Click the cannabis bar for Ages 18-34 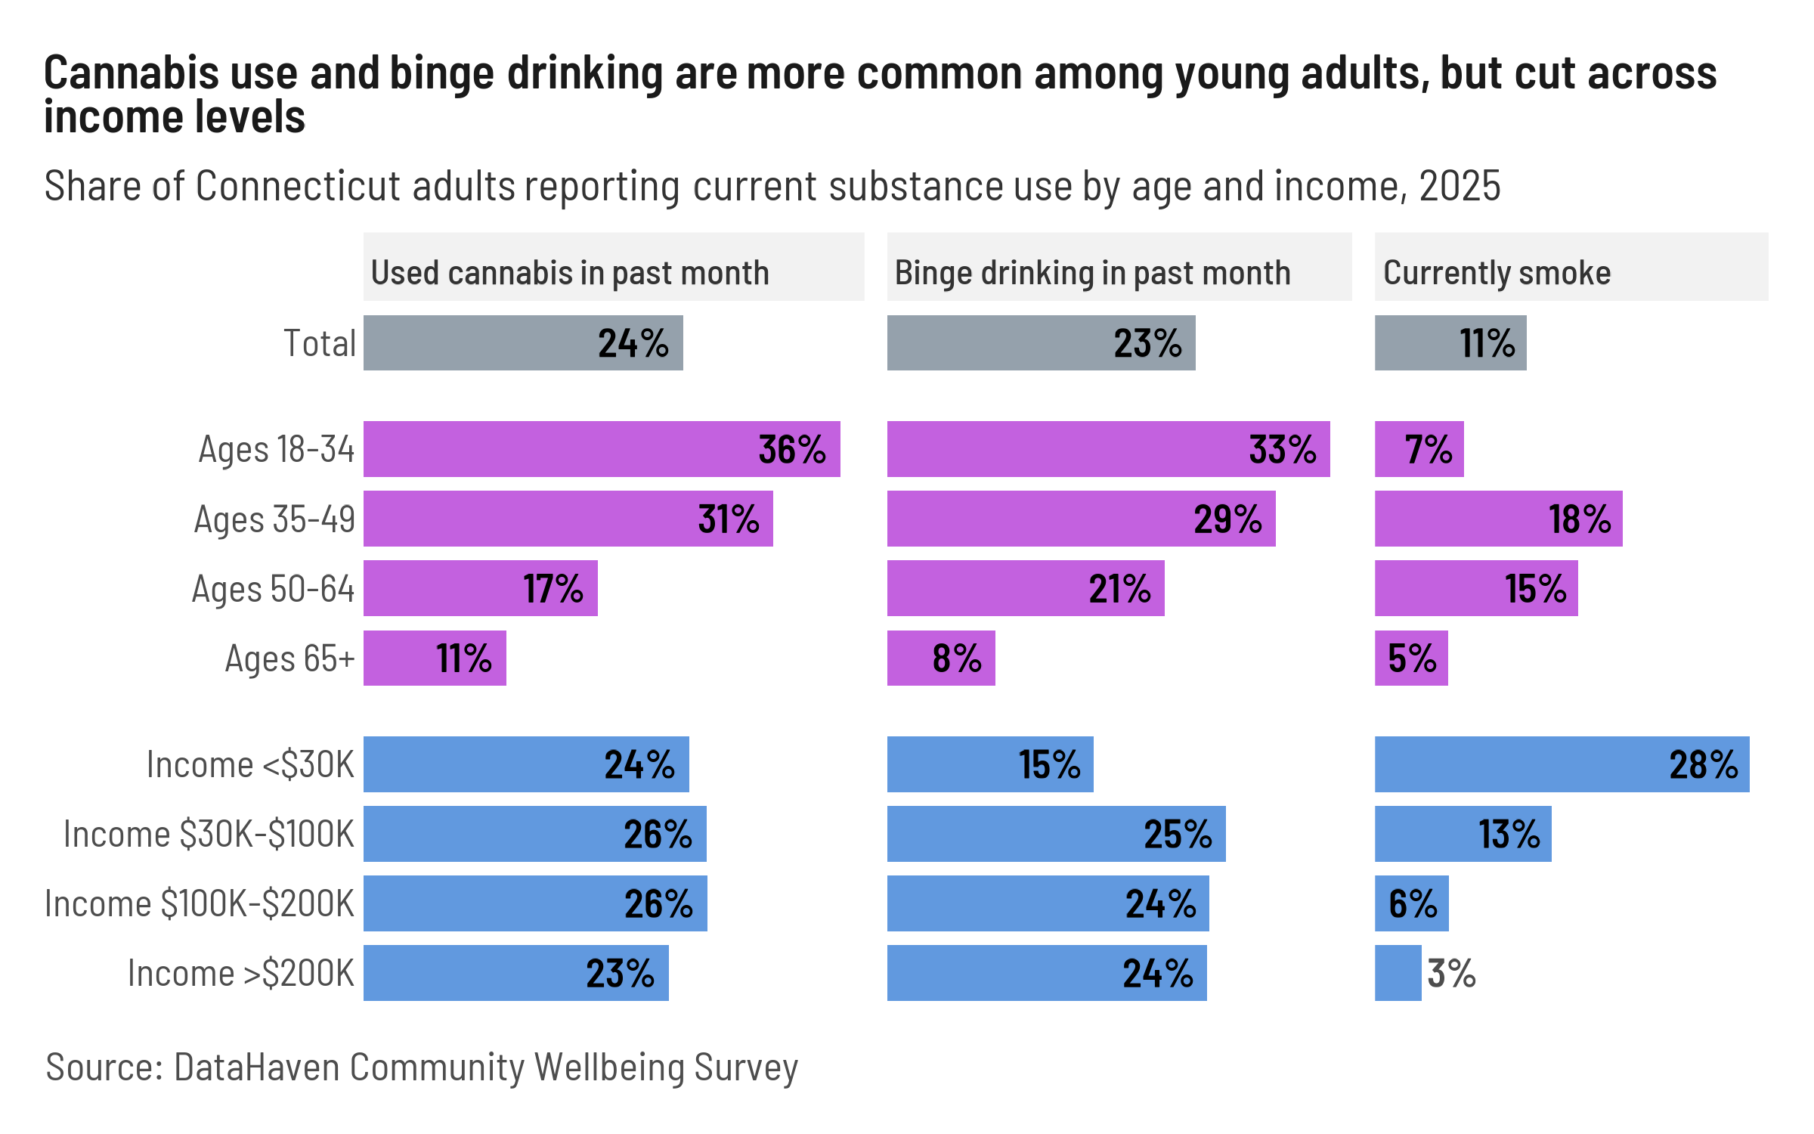coord(601,449)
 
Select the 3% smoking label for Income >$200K coord(1451,974)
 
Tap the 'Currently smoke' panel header coord(1497,273)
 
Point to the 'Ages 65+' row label coord(289,658)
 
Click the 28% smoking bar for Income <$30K coord(1561,764)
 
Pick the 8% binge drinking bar coord(940,658)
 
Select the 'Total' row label coord(319,343)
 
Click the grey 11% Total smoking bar coord(1450,343)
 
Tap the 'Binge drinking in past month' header coord(1092,273)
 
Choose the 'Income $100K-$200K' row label coord(200,904)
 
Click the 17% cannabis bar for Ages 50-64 coord(480,589)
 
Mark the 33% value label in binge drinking coord(1283,450)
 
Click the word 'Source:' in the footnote coord(104,1067)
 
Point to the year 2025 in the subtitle coord(1460,186)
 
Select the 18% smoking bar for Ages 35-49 coord(1498,519)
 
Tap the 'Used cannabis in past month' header coord(570,273)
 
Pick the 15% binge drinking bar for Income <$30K coord(989,764)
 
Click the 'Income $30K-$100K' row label coord(209,835)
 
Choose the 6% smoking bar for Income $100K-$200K coord(1411,904)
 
